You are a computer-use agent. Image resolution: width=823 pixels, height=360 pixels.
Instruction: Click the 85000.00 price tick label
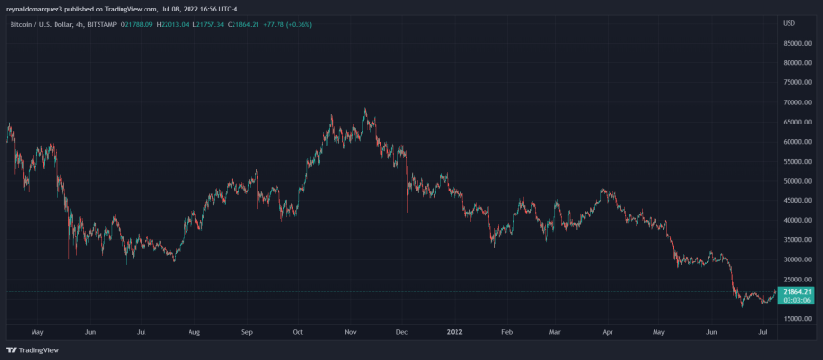click(x=796, y=43)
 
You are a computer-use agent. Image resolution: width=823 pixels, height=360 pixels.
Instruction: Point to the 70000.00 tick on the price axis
click(x=796, y=102)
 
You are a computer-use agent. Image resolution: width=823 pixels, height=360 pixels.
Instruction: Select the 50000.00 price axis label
click(x=796, y=181)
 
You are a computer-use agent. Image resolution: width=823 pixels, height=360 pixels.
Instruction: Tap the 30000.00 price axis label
click(x=796, y=259)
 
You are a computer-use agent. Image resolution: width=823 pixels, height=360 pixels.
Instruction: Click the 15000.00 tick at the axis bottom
click(x=796, y=318)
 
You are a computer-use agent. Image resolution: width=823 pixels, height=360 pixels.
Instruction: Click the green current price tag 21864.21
click(x=796, y=292)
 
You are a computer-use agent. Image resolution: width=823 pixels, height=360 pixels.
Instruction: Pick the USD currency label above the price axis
click(x=789, y=22)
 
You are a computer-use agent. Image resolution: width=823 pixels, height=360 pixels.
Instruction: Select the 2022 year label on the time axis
click(x=454, y=333)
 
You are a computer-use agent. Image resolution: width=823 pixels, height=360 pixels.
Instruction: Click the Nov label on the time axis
click(x=350, y=333)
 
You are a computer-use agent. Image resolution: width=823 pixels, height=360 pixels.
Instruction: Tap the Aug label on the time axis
click(x=194, y=333)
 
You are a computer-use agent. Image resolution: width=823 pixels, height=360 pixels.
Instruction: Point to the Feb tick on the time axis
click(x=507, y=333)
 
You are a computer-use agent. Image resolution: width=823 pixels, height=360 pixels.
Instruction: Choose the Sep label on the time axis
click(x=247, y=333)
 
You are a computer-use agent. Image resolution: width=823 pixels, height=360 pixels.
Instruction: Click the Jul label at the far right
click(x=762, y=333)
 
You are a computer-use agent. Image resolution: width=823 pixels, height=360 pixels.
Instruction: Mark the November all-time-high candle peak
click(x=366, y=107)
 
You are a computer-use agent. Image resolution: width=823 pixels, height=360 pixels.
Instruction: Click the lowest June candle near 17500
click(x=742, y=306)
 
